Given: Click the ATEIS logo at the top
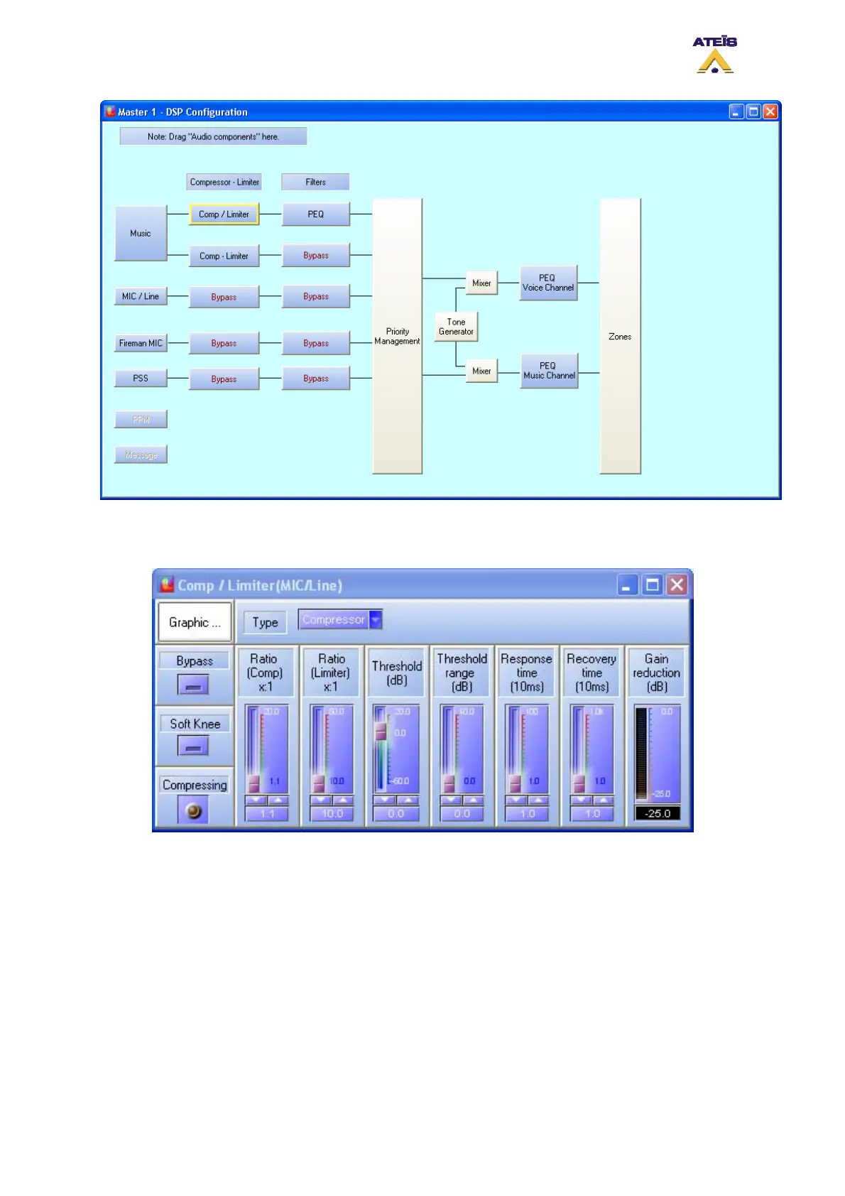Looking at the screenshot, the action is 714,55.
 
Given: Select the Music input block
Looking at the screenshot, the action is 141,233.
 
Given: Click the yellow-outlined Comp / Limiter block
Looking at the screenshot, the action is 224,214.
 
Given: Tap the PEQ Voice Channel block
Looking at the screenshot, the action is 547,283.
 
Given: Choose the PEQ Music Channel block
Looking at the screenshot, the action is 549,371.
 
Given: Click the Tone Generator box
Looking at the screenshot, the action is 456,327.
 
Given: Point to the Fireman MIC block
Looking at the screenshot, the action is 141,343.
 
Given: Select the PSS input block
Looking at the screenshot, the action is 141,378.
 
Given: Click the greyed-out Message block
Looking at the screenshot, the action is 141,455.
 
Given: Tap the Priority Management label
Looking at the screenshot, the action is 397,336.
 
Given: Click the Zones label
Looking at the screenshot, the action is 620,337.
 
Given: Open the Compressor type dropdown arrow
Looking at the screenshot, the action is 376,619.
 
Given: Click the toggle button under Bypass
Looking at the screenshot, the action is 193,685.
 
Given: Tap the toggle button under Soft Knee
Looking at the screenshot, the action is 193,746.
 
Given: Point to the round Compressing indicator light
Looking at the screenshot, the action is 193,811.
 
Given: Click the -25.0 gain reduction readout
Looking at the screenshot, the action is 657,813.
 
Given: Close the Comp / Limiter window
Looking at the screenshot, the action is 677,585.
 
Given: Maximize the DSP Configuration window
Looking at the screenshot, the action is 753,112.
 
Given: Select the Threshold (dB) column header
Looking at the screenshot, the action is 397,673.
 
